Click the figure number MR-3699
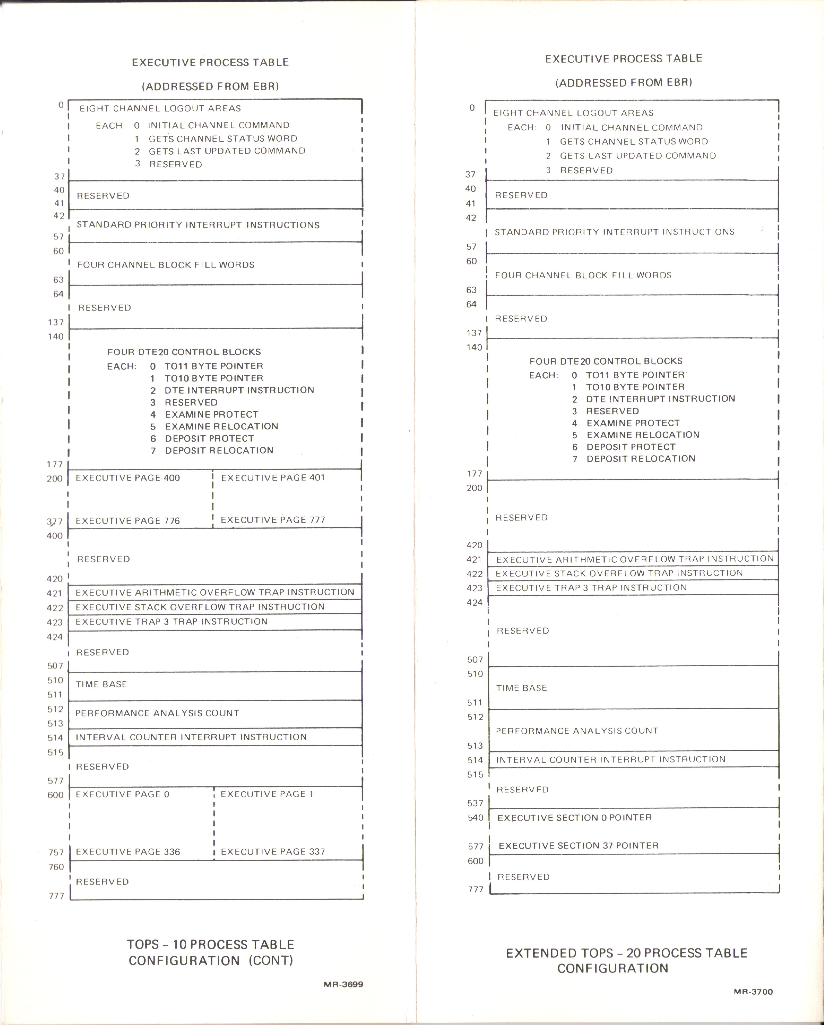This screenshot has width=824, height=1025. (343, 984)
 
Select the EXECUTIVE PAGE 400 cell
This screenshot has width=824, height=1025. (128, 478)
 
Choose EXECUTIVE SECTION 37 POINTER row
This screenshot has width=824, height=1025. (578, 845)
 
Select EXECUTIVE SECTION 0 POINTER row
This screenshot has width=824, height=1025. (574, 817)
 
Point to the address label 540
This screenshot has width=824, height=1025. (475, 818)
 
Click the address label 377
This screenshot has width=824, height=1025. (55, 522)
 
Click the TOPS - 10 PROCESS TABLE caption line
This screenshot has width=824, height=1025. (211, 944)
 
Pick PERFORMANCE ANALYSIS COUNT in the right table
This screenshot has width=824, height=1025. (577, 731)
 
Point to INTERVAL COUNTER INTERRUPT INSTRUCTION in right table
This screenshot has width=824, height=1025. (611, 759)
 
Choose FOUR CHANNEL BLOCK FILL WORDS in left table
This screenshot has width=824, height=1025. (166, 265)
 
